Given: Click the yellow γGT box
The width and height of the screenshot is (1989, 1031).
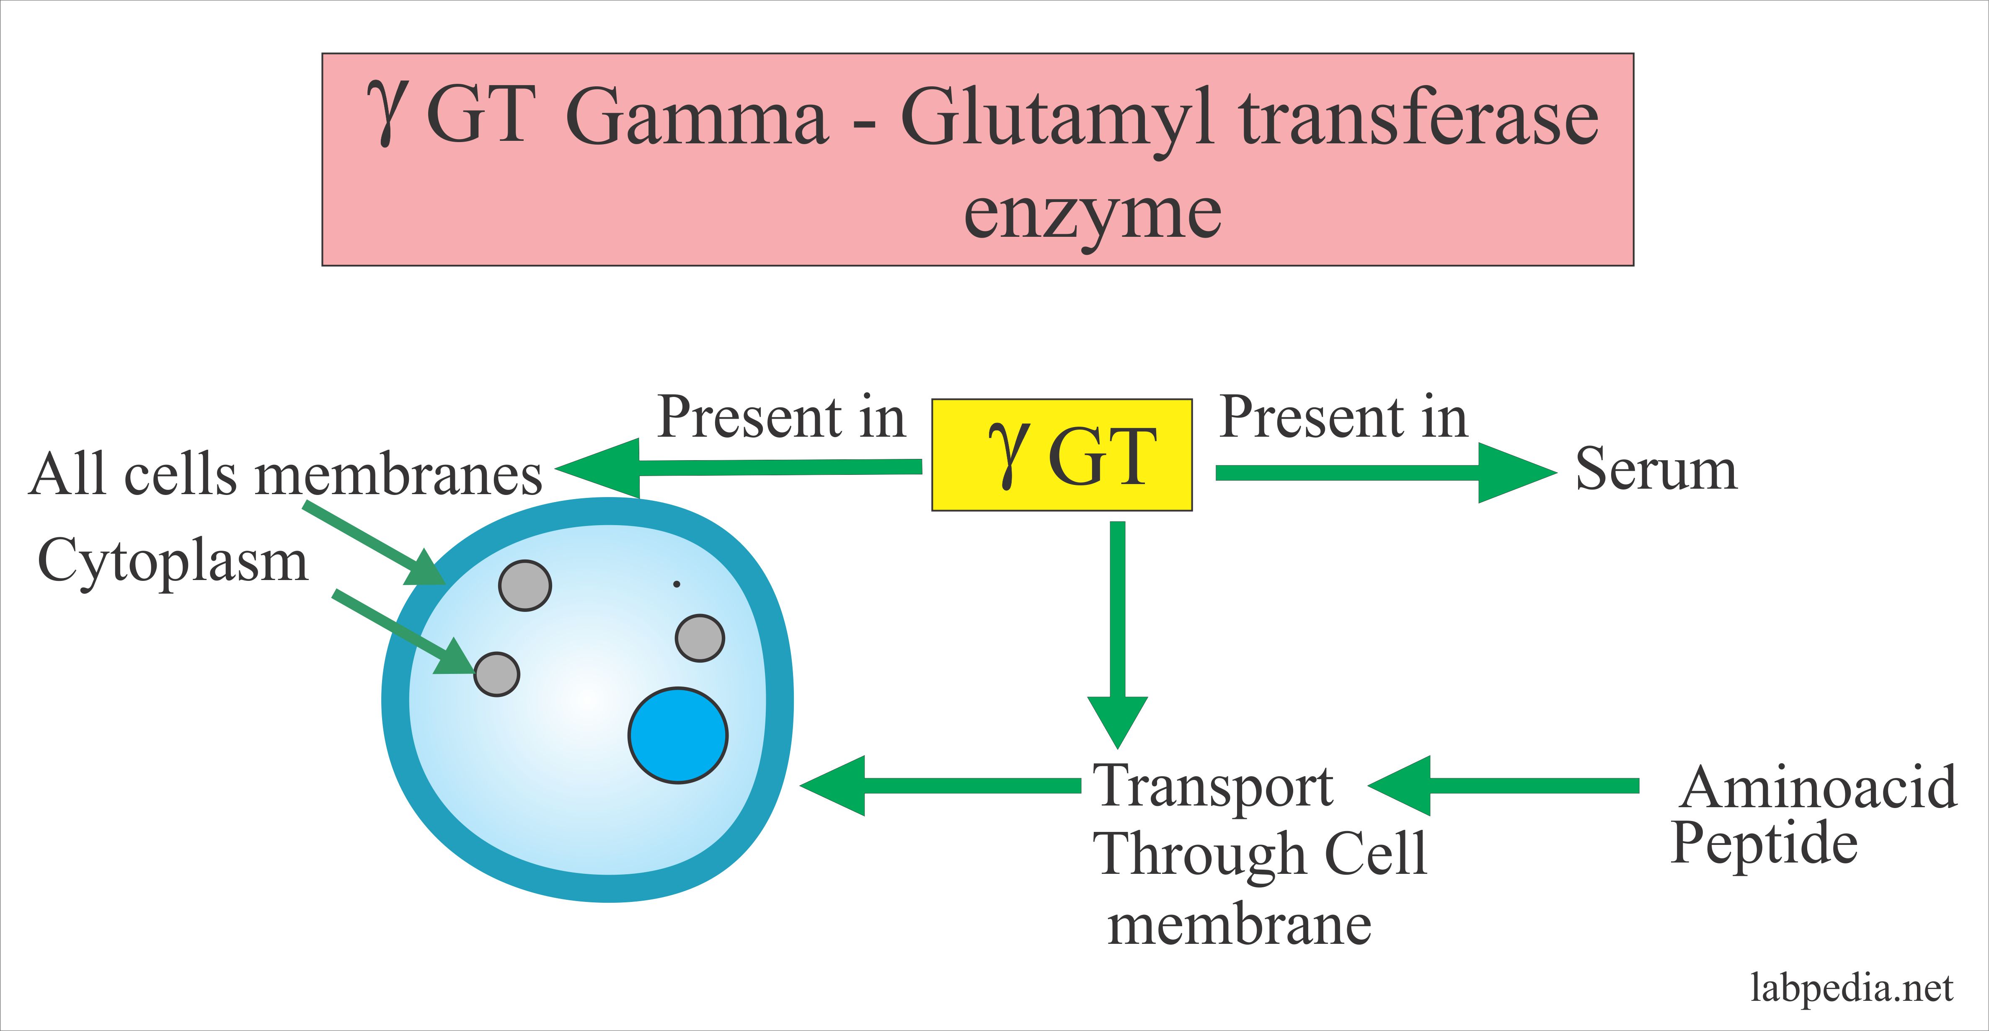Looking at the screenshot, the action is point(1062,455).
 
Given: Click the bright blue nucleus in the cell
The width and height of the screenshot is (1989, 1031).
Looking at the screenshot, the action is point(678,735).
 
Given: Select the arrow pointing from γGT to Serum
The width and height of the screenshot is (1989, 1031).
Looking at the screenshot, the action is point(1386,473).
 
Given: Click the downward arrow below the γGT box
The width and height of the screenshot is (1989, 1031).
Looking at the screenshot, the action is point(1117,635).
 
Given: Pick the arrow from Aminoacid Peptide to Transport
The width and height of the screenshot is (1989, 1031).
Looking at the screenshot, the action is point(1503,785).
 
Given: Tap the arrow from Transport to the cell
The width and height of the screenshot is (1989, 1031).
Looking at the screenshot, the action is point(940,785).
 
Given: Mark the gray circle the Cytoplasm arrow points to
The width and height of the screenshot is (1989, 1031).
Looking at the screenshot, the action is point(496,674).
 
